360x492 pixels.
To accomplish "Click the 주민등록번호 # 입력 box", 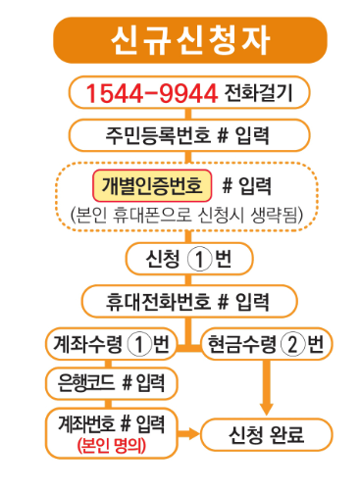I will (x=180, y=133).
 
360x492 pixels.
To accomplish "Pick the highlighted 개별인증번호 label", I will (x=152, y=184).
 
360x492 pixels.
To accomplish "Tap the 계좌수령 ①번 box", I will (x=108, y=344).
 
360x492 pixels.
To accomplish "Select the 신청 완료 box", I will (x=267, y=433).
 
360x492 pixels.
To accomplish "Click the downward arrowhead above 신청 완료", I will (x=267, y=403).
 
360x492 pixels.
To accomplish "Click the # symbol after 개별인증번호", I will (x=228, y=184).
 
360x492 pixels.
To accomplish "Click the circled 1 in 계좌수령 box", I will (x=142, y=344).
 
